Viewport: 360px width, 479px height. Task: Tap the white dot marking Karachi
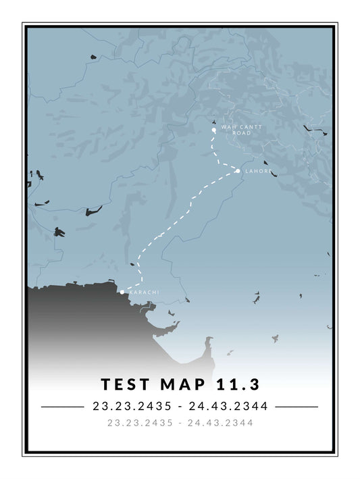[x=122, y=293]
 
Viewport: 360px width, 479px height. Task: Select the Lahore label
[x=259, y=172]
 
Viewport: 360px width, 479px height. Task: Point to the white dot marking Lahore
[x=238, y=171]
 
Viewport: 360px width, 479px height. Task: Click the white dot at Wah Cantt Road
[x=213, y=129]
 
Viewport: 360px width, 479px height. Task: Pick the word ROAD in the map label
[x=242, y=133]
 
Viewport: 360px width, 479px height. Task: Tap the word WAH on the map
[x=228, y=127]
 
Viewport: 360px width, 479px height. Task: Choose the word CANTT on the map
[x=246, y=127]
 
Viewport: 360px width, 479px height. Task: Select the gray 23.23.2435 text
[x=140, y=423]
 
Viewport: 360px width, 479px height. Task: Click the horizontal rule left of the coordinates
[x=61, y=407]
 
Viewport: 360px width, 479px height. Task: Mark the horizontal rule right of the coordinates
[x=297, y=407]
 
